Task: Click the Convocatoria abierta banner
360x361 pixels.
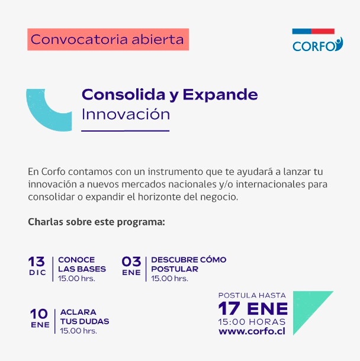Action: (107, 40)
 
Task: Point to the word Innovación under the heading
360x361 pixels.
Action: (126, 114)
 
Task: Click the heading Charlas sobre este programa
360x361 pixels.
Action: (96, 223)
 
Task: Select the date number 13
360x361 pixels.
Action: (37, 261)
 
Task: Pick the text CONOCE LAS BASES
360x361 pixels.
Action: (82, 264)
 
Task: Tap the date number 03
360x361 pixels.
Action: (131, 261)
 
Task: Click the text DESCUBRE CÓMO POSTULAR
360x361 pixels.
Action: (188, 264)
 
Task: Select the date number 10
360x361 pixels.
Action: (40, 314)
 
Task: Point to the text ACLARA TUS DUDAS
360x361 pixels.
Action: (84, 317)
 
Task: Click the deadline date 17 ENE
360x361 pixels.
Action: (253, 308)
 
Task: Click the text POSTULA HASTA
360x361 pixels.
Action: (252, 295)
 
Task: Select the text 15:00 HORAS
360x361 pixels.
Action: (252, 321)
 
